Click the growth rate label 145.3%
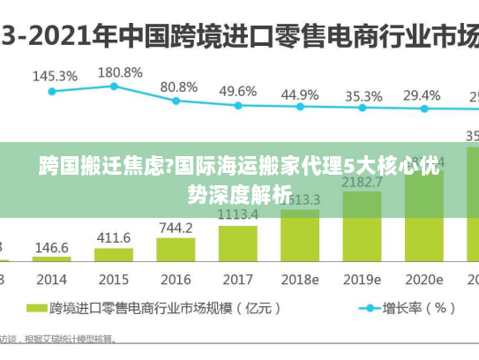click(x=55, y=76)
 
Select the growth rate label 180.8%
click(x=117, y=71)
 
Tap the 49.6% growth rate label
click(x=238, y=91)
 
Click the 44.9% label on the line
click(x=300, y=94)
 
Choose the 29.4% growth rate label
click(x=422, y=94)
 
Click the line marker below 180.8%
click(x=114, y=86)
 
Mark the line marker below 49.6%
click(x=237, y=105)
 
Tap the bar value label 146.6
click(x=51, y=248)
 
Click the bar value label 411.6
click(x=113, y=238)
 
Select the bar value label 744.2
click(x=176, y=227)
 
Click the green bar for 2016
click(x=176, y=250)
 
